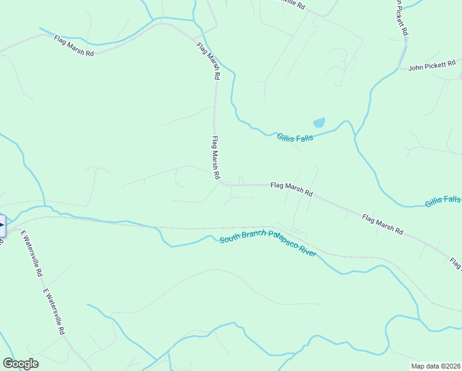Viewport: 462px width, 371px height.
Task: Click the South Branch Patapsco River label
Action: click(x=268, y=242)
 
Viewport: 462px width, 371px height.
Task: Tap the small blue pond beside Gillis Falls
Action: click(x=319, y=122)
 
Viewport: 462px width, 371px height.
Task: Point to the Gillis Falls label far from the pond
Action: click(x=442, y=200)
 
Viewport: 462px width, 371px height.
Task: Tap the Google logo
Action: click(x=20, y=364)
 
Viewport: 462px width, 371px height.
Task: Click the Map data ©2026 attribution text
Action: click(x=436, y=365)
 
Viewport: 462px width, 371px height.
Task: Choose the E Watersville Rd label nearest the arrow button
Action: click(x=31, y=253)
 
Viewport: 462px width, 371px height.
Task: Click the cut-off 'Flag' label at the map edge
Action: click(x=456, y=264)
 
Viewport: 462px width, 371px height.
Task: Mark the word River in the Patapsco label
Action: click(x=308, y=250)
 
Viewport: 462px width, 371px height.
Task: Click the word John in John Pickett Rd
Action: click(x=417, y=67)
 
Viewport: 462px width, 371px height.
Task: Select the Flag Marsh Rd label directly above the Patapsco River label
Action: click(x=291, y=189)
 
